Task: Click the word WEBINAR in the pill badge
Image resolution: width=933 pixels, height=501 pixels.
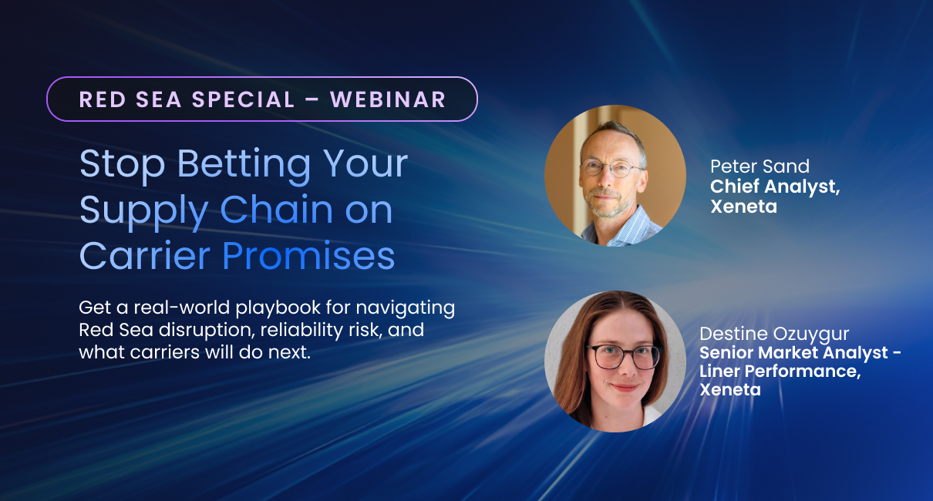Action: tap(388, 99)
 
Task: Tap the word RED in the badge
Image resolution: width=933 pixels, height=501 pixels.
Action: tap(103, 99)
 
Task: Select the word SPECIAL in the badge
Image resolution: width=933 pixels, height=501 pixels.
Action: tap(243, 99)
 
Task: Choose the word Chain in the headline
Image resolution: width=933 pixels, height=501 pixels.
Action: tap(277, 210)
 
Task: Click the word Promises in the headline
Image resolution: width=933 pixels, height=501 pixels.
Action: tap(308, 256)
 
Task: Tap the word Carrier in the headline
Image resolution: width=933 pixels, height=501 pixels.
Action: tap(144, 255)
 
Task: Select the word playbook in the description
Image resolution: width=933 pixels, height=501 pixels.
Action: tap(278, 308)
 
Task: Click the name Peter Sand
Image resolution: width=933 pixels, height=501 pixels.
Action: tap(760, 166)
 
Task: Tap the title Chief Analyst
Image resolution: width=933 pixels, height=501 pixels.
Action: tap(775, 187)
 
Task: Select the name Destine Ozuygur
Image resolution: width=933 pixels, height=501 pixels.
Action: tap(774, 334)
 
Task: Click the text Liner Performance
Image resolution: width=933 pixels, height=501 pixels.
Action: tap(780, 371)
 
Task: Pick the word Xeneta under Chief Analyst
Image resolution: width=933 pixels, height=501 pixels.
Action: tap(744, 207)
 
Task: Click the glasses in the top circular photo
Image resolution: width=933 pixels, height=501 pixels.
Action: tap(610, 168)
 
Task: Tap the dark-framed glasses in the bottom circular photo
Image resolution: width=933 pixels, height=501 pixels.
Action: tap(624, 357)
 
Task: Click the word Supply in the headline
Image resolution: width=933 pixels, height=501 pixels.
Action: tap(143, 211)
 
